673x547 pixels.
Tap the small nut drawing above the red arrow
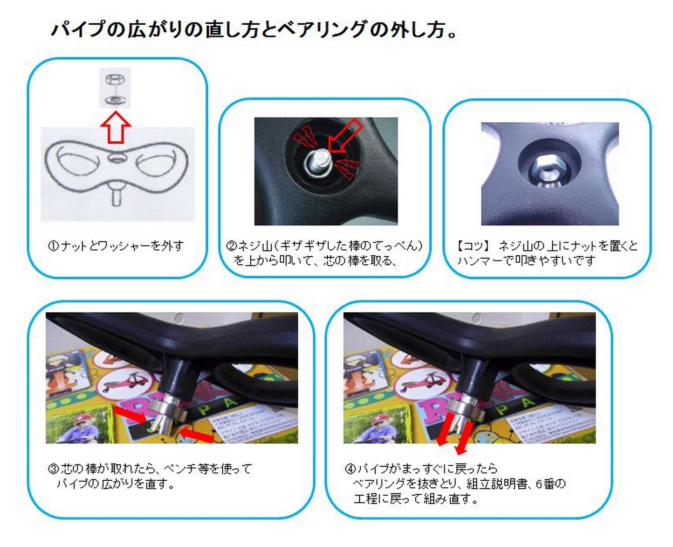tap(115, 79)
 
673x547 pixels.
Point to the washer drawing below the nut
tap(115, 100)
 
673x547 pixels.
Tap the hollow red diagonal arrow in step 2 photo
tap(344, 136)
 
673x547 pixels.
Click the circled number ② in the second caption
tap(231, 246)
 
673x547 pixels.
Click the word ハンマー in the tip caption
tap(484, 261)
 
